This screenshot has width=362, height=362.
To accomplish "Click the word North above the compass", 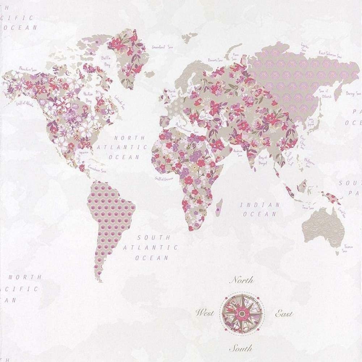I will (242, 280).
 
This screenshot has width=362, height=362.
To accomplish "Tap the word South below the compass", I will (241, 349).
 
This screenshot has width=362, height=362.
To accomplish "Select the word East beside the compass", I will (284, 313).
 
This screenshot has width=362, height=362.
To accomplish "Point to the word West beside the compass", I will (205, 313).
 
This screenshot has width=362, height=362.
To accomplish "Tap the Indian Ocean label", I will (260, 209).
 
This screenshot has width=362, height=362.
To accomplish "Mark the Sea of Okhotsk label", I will (324, 94).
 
